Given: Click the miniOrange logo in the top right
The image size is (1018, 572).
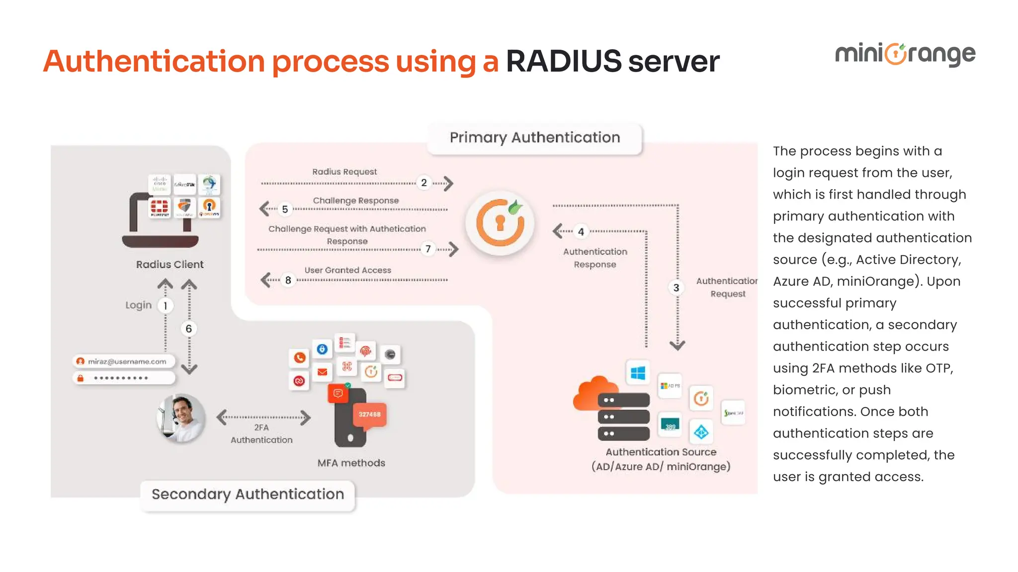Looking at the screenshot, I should pyautogui.click(x=905, y=54).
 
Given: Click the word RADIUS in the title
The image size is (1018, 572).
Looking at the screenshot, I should pyautogui.click(x=563, y=62).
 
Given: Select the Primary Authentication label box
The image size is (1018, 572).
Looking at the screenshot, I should pyautogui.click(x=534, y=138).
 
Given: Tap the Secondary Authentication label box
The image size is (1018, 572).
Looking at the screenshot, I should pyautogui.click(x=248, y=494).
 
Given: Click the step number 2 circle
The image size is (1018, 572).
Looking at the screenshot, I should pyautogui.click(x=424, y=183).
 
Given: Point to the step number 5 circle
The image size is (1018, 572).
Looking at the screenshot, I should pyautogui.click(x=285, y=209).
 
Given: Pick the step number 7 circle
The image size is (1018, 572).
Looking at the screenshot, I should pyautogui.click(x=428, y=249).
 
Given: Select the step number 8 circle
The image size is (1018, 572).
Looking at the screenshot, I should pyautogui.click(x=288, y=280).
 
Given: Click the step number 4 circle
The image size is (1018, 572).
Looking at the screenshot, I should pyautogui.click(x=581, y=231).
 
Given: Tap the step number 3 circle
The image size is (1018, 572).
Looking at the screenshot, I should pyautogui.click(x=676, y=287).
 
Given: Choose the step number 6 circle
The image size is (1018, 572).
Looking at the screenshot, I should pyautogui.click(x=188, y=329).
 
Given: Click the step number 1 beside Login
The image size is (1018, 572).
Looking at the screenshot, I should pyautogui.click(x=165, y=305).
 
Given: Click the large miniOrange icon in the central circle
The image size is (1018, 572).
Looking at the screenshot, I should pyautogui.click(x=500, y=222).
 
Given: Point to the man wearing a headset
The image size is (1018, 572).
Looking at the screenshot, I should pyautogui.click(x=181, y=418).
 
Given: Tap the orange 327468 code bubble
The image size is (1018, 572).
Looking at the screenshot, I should pyautogui.click(x=369, y=415).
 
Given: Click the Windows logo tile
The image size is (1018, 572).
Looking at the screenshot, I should pyautogui.click(x=638, y=372).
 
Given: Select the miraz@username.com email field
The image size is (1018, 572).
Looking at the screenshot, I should pyautogui.click(x=124, y=361).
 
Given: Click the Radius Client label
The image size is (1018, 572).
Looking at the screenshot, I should pyautogui.click(x=170, y=264).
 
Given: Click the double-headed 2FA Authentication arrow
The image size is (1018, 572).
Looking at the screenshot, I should pyautogui.click(x=263, y=417).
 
